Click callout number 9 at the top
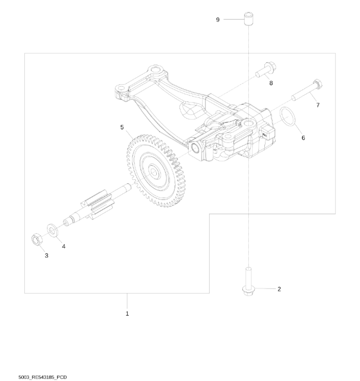tap(217, 20)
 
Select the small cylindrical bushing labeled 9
tap(248, 18)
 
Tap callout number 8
tap(271, 83)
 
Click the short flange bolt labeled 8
tap(266, 69)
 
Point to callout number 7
tap(318, 105)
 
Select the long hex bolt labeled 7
tap(307, 90)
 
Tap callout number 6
tap(303, 138)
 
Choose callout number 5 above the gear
tap(122, 128)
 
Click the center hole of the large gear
tap(154, 172)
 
